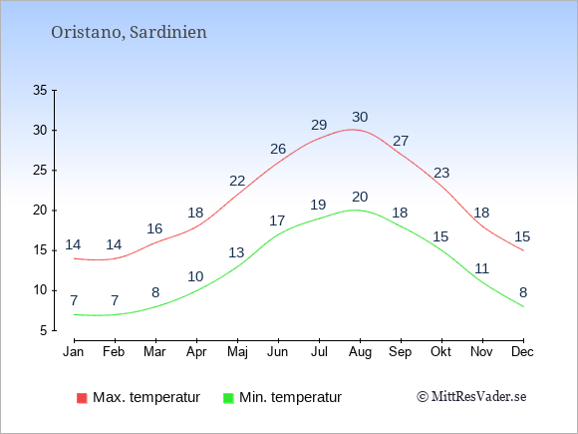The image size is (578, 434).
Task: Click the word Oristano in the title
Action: pos(87,32)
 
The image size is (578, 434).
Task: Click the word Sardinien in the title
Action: pos(168,32)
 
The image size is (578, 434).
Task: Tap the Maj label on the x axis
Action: pos(237,352)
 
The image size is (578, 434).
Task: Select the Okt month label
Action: pos(440,351)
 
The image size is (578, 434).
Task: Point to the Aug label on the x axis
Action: pos(360,352)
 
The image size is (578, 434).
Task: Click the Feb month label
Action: pos(114,351)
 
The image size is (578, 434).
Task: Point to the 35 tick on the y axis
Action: pos(40,90)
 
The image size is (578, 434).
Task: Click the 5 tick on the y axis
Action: pos(44,330)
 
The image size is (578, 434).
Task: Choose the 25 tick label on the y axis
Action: pos(40,171)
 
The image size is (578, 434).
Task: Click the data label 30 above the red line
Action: pos(360,117)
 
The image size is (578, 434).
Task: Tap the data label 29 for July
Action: pos(319,125)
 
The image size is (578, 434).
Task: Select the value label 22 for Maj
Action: pos(237,181)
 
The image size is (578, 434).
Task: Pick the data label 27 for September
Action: pos(401,141)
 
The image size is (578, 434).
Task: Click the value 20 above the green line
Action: pos(360,197)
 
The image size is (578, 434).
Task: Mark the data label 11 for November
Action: pos(481,268)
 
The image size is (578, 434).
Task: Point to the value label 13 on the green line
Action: pos(236,252)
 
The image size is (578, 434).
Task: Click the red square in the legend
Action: pos(82,398)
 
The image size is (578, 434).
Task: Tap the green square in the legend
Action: pos(228,398)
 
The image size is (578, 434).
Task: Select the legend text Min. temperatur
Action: pos(290,397)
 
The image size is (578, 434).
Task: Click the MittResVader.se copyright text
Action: pos(471,397)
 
